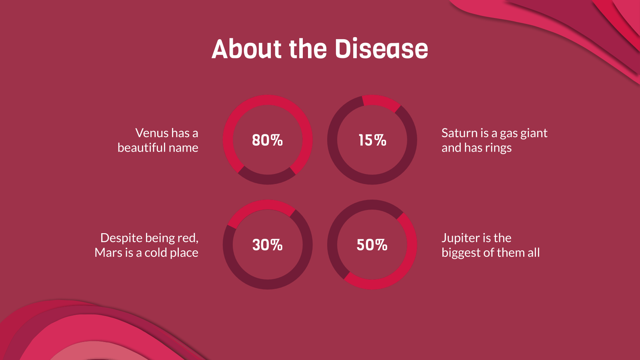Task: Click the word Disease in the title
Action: (x=381, y=49)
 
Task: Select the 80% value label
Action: (x=267, y=140)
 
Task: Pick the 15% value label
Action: (x=372, y=140)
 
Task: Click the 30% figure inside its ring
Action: (x=267, y=245)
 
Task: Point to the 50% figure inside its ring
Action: (x=372, y=245)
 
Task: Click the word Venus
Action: (x=152, y=133)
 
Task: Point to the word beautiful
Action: (x=142, y=148)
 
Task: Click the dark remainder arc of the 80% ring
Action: (x=267, y=179)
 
